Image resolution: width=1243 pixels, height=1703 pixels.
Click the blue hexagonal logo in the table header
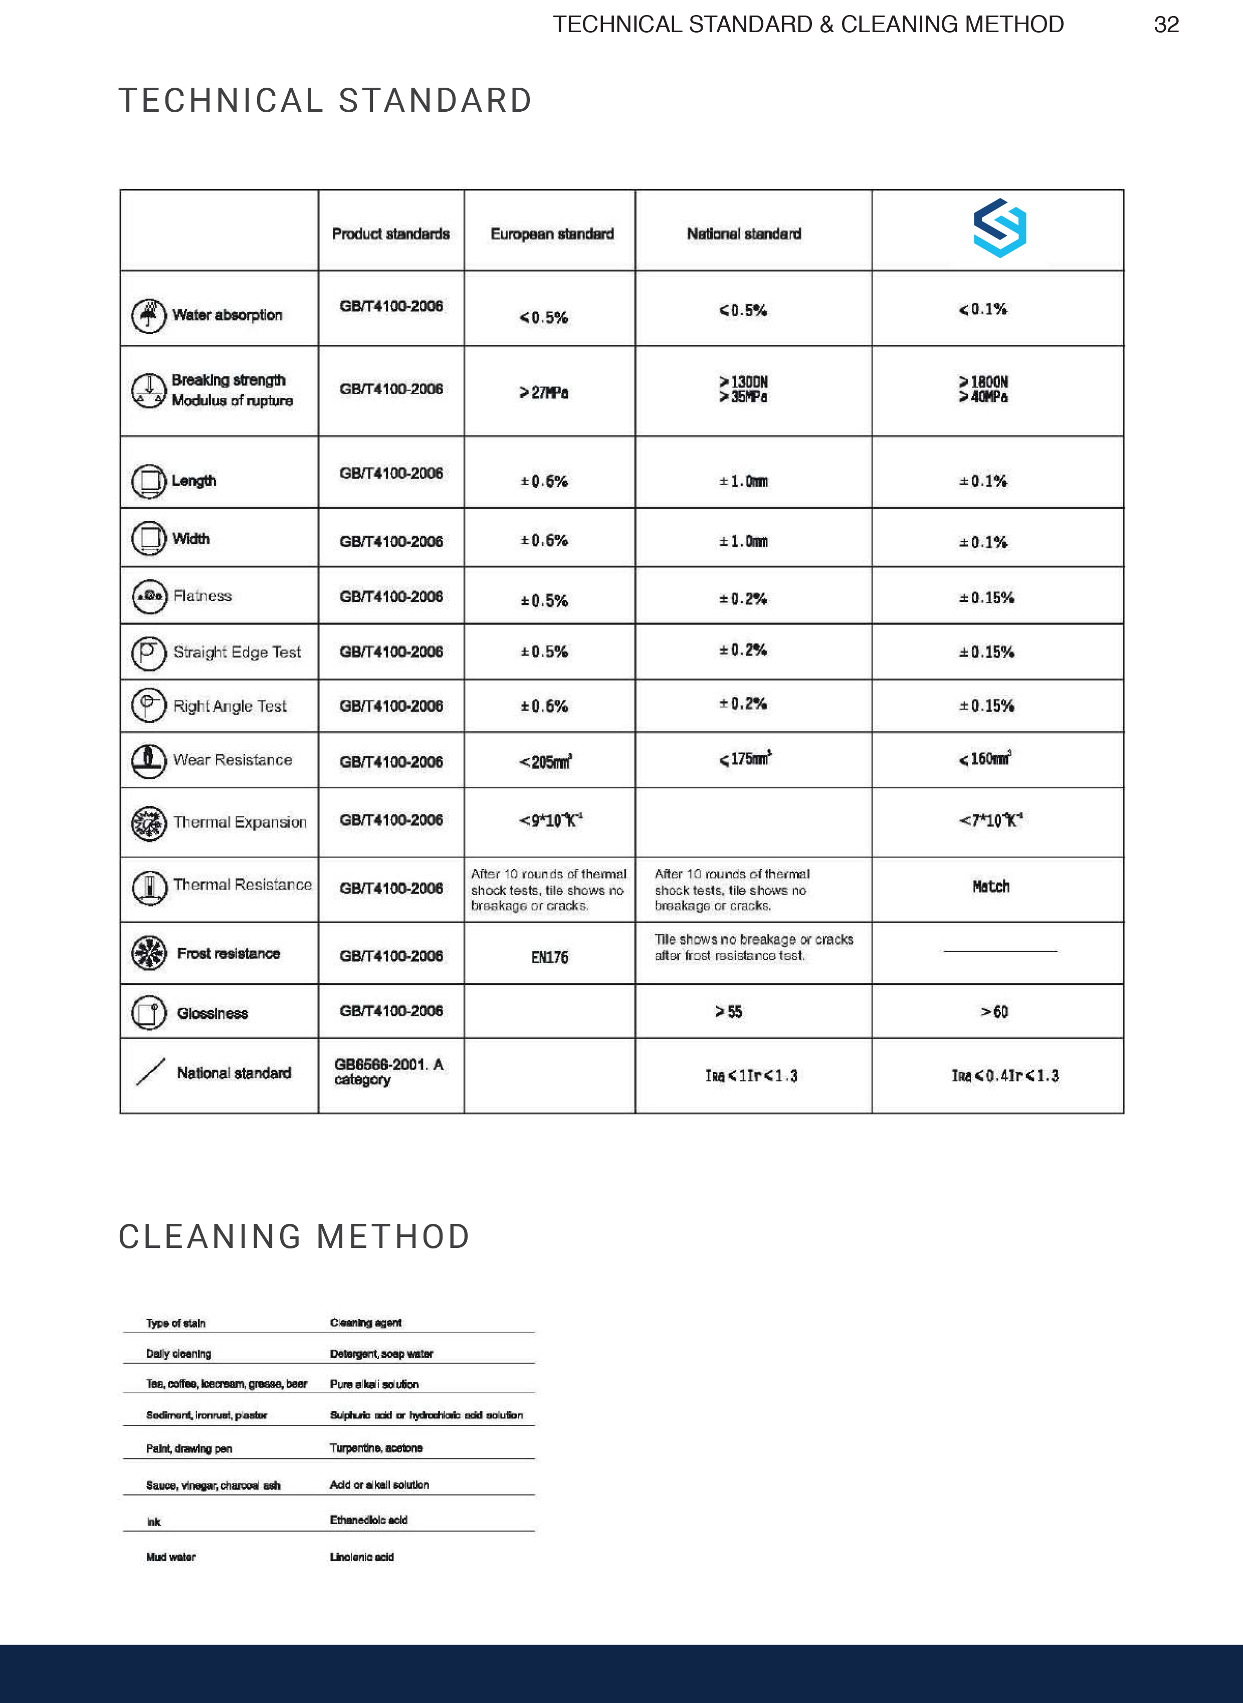click(999, 228)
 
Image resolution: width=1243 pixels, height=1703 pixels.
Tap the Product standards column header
click(390, 234)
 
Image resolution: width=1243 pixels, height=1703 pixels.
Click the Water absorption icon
click(148, 315)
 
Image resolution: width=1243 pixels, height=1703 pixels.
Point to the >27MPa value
click(543, 392)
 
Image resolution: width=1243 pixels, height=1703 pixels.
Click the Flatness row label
click(202, 596)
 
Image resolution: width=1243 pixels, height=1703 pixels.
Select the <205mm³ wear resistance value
click(545, 762)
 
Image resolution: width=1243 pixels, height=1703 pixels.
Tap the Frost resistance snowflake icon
click(148, 953)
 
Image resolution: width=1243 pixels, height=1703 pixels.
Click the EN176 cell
click(549, 957)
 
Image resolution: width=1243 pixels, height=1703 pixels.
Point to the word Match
click(990, 887)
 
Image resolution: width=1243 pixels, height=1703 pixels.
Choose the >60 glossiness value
click(993, 1012)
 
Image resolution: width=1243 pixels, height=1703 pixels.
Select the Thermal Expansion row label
click(240, 822)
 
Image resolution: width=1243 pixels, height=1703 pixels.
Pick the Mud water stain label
click(171, 1557)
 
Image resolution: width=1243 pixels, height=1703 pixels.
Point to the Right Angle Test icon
click(148, 706)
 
